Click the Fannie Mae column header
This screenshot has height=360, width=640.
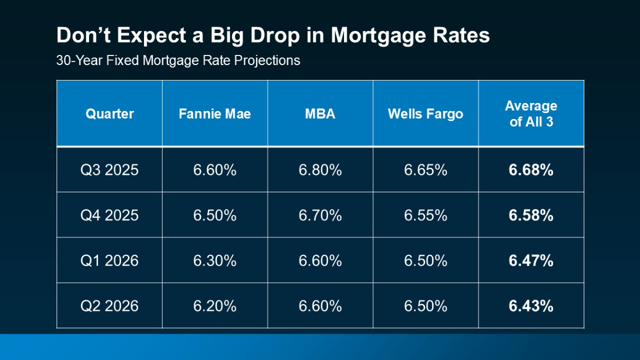(214, 114)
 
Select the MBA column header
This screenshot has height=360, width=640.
(320, 114)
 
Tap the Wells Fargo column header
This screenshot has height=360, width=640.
(425, 114)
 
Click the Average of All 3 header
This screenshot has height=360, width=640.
(531, 114)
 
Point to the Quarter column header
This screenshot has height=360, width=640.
(109, 114)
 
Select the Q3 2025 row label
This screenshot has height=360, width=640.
(109, 170)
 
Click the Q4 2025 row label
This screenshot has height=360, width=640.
(109, 215)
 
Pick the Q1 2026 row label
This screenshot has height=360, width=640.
(109, 260)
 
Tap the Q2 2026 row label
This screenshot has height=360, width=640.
(109, 306)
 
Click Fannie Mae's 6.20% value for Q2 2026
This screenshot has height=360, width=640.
(214, 306)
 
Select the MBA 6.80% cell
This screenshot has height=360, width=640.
(320, 170)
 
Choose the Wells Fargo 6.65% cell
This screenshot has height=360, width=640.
(425, 170)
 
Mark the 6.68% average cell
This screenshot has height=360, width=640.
(531, 170)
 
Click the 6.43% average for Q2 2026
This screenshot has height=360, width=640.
(531, 306)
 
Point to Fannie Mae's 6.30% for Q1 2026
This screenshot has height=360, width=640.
(214, 260)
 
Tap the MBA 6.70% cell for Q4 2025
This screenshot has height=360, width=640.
(320, 215)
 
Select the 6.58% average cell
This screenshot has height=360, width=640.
(531, 215)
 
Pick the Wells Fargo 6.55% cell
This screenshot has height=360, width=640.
(425, 215)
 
